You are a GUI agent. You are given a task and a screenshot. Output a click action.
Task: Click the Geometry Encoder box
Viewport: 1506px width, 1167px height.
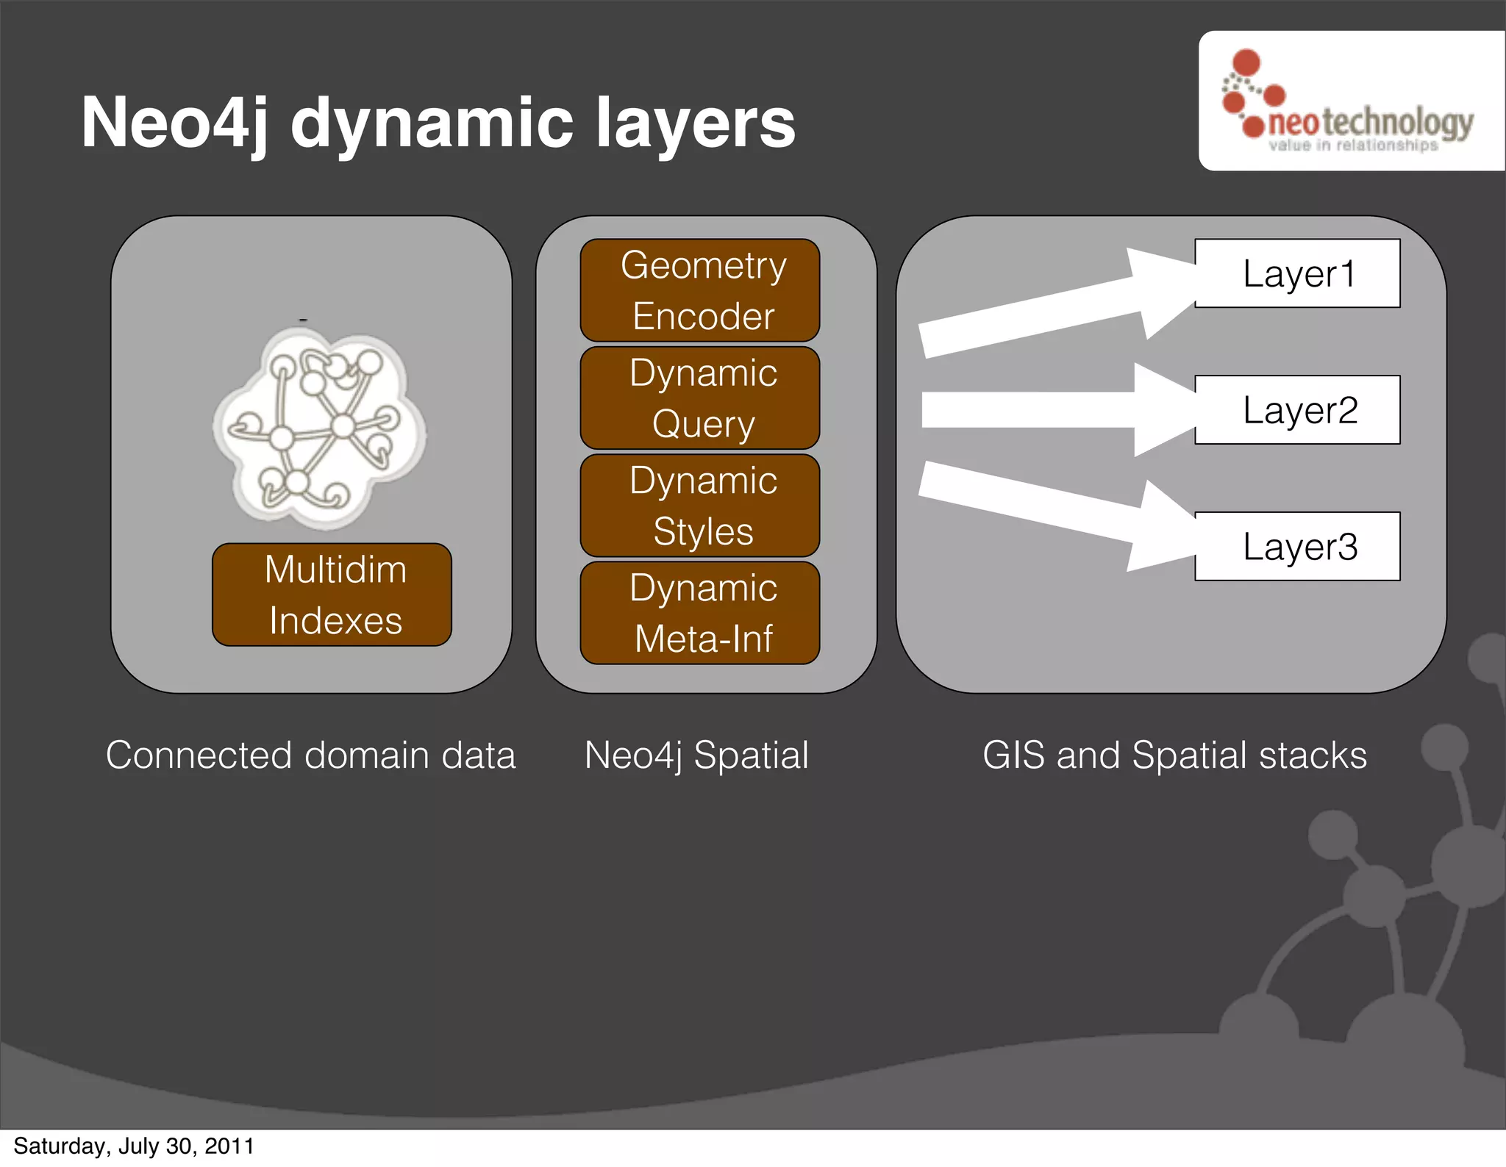[x=699, y=290]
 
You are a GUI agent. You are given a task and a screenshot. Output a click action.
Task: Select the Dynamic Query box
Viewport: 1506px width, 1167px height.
[x=699, y=398]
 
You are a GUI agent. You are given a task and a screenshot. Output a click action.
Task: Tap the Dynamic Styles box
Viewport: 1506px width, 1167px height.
[x=699, y=506]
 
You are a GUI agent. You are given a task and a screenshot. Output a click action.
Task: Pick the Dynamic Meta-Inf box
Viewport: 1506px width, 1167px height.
[x=699, y=613]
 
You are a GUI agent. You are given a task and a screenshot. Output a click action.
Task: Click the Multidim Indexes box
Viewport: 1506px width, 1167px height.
[x=332, y=595]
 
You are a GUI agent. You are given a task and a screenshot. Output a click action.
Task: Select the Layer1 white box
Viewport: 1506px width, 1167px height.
[x=1297, y=273]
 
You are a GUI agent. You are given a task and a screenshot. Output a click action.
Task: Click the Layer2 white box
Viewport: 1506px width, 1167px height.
[x=1297, y=409]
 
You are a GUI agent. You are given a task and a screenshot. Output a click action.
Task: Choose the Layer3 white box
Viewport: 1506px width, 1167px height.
[x=1297, y=546]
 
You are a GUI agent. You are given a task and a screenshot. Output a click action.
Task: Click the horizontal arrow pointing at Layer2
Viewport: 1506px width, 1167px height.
[x=1052, y=409]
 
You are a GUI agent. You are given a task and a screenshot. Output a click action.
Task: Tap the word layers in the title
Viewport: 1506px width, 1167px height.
[x=695, y=123]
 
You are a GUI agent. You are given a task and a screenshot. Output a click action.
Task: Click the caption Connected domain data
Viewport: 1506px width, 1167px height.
[x=311, y=755]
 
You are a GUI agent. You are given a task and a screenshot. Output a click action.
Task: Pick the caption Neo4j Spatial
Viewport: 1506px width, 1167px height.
[x=696, y=755]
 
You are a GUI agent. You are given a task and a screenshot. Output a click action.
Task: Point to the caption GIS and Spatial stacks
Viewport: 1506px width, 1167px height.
[x=1174, y=755]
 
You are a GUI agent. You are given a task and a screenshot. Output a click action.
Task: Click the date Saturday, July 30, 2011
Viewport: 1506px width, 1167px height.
[x=134, y=1146]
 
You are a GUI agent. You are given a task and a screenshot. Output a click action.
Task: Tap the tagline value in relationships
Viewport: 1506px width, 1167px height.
[x=1353, y=146]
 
